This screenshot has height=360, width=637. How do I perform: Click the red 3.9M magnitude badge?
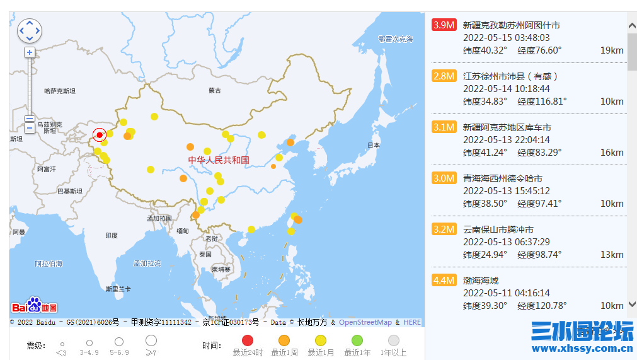[x=444, y=25]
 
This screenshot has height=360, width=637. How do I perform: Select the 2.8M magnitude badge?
[x=444, y=76]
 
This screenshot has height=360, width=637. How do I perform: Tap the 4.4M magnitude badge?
[x=444, y=281]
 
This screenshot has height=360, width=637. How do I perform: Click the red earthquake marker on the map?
[x=100, y=135]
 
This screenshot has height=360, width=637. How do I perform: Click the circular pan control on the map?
[x=30, y=30]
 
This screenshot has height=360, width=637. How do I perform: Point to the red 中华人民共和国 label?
[x=219, y=160]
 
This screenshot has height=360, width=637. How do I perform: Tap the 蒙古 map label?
[x=215, y=91]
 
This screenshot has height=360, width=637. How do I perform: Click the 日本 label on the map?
[x=374, y=145]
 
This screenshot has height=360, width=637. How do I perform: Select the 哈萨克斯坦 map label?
[x=60, y=91]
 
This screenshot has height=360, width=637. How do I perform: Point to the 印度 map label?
[x=111, y=236]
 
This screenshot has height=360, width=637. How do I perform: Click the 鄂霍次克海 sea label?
[x=396, y=39]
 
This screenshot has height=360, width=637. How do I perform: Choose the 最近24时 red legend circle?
[x=248, y=341]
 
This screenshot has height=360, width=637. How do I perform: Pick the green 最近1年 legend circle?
[x=357, y=341]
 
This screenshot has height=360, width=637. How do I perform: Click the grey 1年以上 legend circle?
[x=394, y=341]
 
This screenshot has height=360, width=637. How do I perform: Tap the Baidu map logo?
[x=35, y=306]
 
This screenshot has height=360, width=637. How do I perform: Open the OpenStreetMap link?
[x=365, y=323]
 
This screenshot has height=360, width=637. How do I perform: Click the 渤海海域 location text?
[x=481, y=281]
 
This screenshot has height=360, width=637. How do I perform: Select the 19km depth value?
[x=612, y=50]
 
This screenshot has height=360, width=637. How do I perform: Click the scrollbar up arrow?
[x=632, y=26]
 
